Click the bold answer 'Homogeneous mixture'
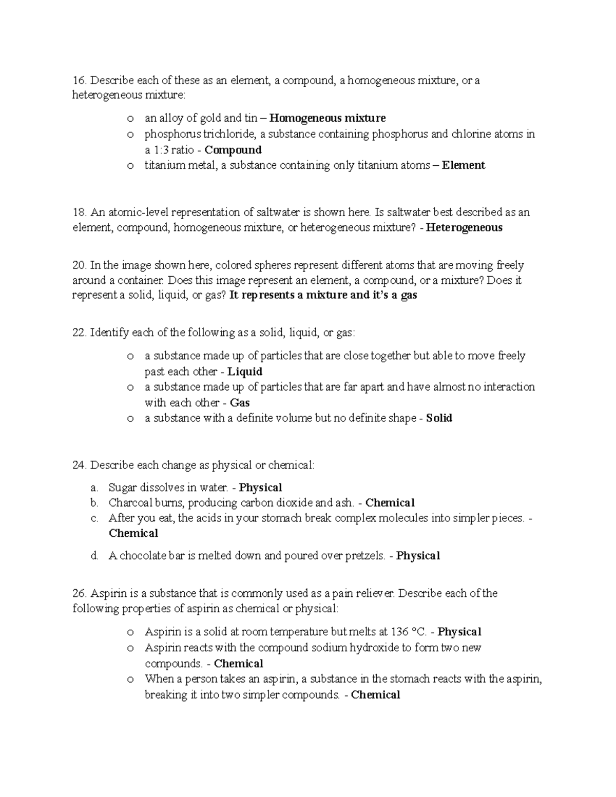point(328,118)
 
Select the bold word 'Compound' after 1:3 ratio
point(233,150)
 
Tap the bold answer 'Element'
point(464,165)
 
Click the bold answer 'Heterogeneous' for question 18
point(465,227)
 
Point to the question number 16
point(79,81)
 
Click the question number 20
point(80,265)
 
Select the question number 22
point(80,333)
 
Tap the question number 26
point(80,593)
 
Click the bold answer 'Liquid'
point(245,372)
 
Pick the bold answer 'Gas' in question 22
point(240,403)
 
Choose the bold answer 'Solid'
point(439,418)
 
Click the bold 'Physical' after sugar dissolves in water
point(261,488)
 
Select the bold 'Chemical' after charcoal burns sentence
point(390,503)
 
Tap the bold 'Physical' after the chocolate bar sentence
point(418,556)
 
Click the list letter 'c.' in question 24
point(94,518)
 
